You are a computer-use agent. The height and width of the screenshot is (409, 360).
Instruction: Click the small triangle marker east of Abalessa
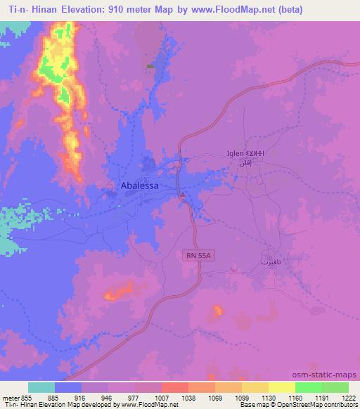pyautogui.click(x=181, y=195)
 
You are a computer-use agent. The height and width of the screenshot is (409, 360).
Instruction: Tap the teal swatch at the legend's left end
pyautogui.click(x=41, y=387)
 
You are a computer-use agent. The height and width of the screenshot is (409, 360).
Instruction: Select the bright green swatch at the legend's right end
pyautogui.click(x=335, y=387)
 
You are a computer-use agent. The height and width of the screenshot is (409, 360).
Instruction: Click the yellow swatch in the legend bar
pyautogui.click(x=281, y=387)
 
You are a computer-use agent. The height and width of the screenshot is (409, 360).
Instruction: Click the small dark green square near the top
pyautogui.click(x=149, y=67)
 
